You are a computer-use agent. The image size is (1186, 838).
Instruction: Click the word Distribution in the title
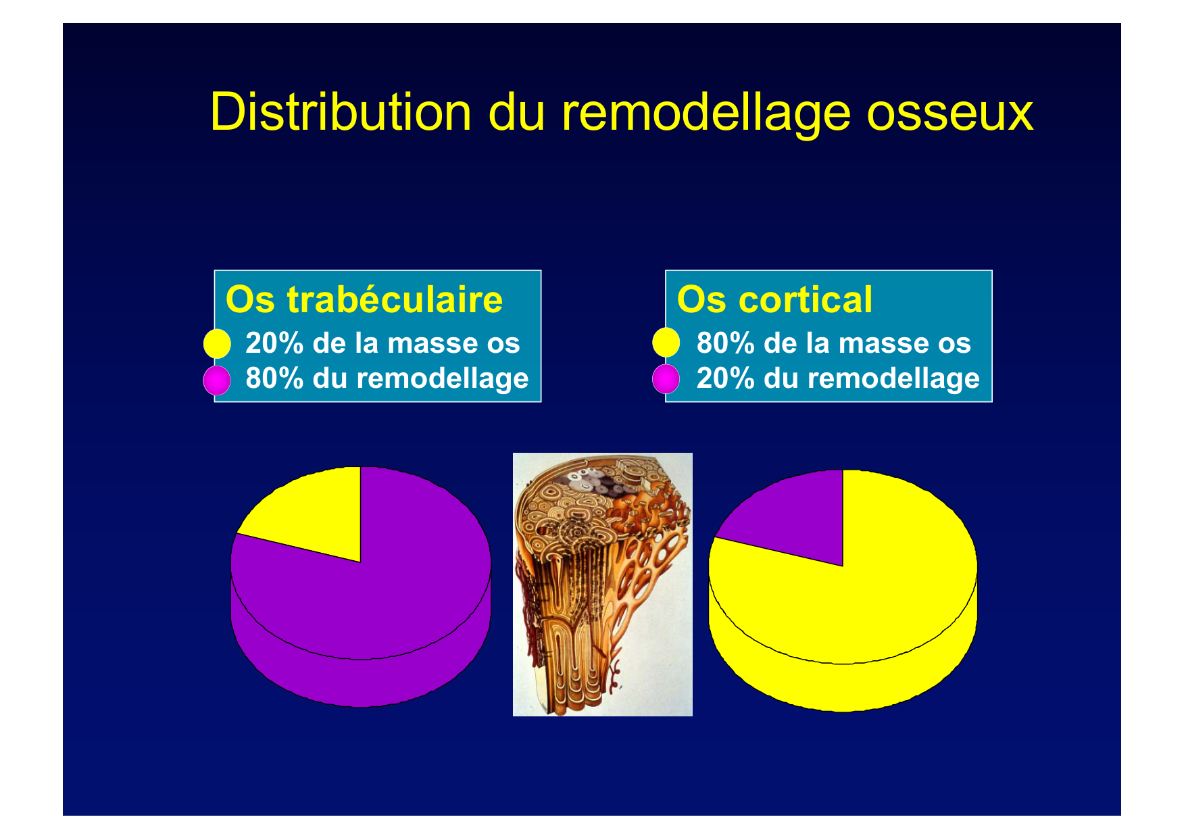tap(341, 112)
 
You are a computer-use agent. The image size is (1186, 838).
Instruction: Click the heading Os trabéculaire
tap(364, 299)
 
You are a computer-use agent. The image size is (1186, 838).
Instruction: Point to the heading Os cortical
tap(774, 299)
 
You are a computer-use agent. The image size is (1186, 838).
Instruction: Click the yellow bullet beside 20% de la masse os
tap(217, 343)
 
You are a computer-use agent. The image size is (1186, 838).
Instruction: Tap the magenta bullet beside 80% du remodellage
tap(217, 380)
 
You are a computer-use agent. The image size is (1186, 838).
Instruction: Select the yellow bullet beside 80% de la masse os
tap(666, 342)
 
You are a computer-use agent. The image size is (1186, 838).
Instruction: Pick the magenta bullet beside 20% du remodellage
tap(666, 378)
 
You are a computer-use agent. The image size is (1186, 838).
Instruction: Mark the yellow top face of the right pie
tap(872, 595)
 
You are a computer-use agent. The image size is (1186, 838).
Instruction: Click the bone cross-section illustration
tap(603, 585)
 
